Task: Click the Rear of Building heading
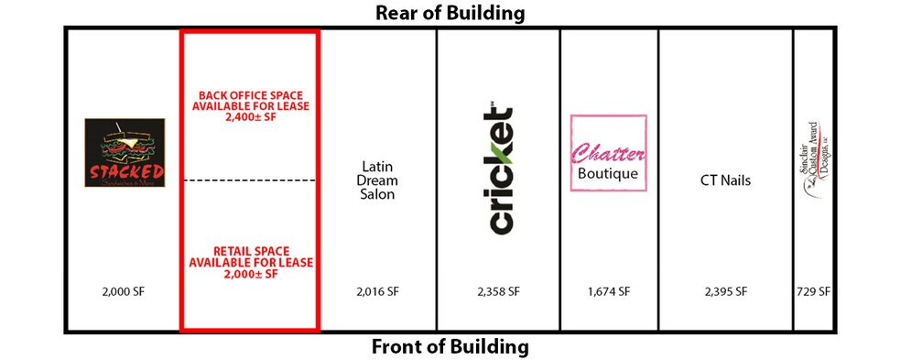tap(450, 13)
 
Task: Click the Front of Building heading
tap(450, 347)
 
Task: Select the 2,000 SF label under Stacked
tap(125, 292)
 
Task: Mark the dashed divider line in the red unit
tap(250, 180)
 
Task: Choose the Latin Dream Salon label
tap(377, 180)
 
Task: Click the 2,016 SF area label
tap(377, 292)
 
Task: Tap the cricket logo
tap(497, 170)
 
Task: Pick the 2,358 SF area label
tap(497, 292)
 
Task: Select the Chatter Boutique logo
tap(608, 153)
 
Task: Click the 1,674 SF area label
tap(608, 292)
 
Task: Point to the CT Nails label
tap(724, 180)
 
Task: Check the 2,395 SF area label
tap(724, 292)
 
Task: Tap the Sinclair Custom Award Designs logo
tap(811, 170)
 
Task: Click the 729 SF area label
tap(811, 292)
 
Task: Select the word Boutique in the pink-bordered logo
tap(608, 173)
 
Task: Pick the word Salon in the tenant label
tap(377, 195)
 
